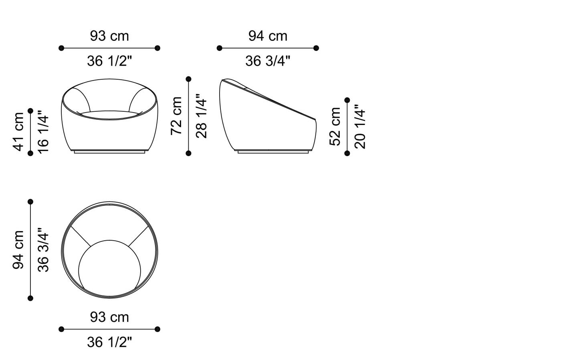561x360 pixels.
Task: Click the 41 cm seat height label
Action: point(18,132)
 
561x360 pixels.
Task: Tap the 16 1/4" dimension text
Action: point(43,132)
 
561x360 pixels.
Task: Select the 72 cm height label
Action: point(176,116)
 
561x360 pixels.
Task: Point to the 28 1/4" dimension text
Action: point(201,116)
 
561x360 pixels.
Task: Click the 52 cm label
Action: point(335,127)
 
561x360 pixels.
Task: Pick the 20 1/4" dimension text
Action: point(360,127)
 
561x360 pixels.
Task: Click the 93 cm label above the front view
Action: point(109,36)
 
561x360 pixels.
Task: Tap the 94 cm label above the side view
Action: point(268,36)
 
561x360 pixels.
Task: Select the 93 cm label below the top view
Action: point(109,318)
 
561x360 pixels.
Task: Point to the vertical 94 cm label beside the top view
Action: point(18,250)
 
